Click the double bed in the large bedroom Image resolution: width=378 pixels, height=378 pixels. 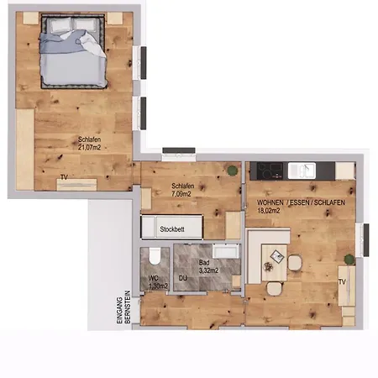click(x=73, y=55)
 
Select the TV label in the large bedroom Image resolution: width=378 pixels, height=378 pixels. click(x=64, y=177)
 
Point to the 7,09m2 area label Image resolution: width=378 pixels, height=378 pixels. click(x=181, y=194)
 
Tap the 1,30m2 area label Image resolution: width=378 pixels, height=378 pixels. click(x=156, y=286)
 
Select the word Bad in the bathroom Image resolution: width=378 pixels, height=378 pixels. click(x=203, y=261)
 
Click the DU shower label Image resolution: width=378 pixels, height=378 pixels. click(x=182, y=277)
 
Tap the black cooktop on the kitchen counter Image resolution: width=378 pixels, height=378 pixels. click(x=270, y=170)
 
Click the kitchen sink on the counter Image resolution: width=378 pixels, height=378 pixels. click(x=300, y=170)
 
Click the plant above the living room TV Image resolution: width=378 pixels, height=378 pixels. click(x=346, y=258)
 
